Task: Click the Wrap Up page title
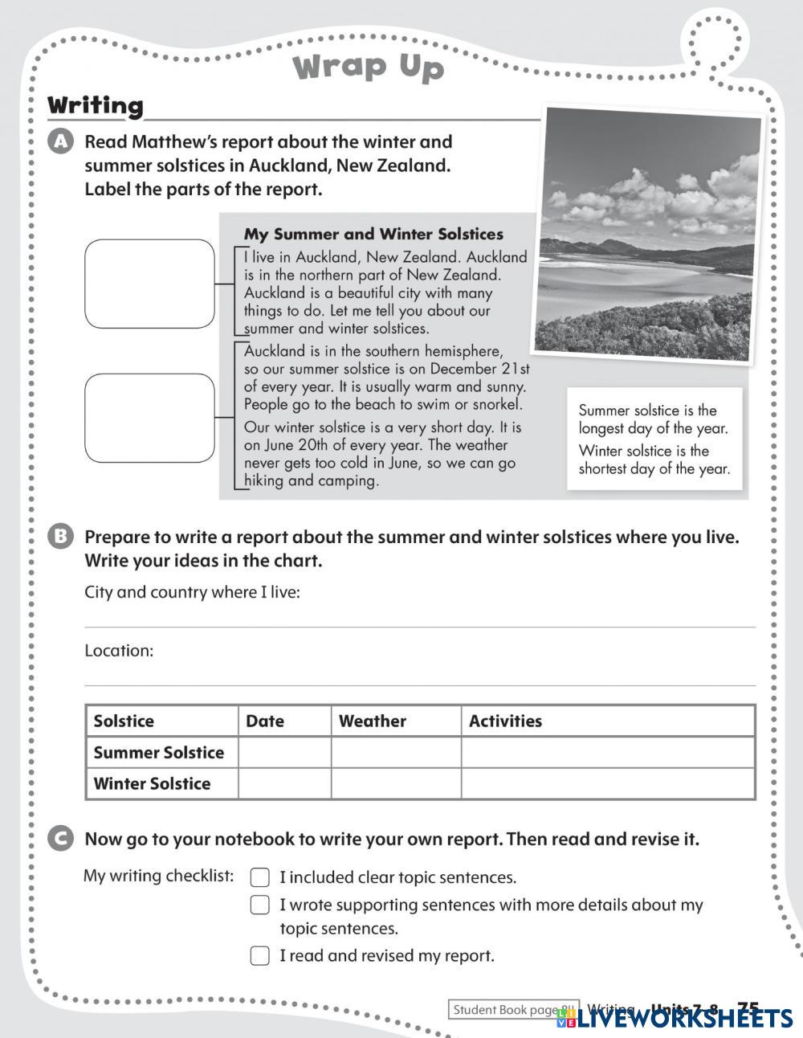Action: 369,67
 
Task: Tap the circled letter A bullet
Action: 61,142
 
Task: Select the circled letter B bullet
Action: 61,537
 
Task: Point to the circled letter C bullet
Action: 61,839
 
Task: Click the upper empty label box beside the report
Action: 149,284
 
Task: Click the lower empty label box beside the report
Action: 149,418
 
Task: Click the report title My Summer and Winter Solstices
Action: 373,235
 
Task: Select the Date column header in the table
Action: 266,721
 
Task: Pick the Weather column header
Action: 373,721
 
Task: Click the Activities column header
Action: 505,721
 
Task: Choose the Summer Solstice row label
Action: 159,753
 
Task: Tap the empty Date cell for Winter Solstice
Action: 284,783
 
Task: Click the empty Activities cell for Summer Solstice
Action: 607,753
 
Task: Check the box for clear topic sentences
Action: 259,877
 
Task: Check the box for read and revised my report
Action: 259,955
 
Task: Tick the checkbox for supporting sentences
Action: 259,905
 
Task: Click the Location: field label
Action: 119,651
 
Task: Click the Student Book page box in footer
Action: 513,1010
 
